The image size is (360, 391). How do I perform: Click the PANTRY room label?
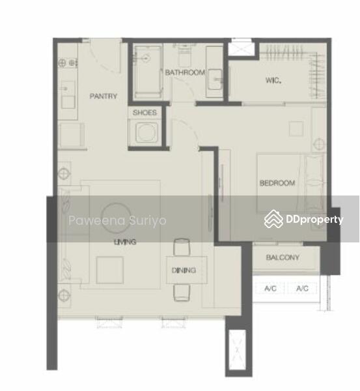[103, 96]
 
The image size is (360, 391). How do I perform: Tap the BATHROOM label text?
[185, 72]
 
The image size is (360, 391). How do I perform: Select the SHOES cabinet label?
[145, 113]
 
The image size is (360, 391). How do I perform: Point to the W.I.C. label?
[273, 80]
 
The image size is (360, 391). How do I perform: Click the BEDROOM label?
[277, 183]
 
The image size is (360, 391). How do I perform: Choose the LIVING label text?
[125, 242]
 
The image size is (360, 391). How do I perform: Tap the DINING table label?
[184, 270]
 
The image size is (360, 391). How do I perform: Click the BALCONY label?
[283, 257]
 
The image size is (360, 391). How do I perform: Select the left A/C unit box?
[270, 289]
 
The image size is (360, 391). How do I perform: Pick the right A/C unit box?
[302, 289]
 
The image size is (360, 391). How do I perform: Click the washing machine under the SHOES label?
[146, 132]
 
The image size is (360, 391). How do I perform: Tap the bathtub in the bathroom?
[148, 71]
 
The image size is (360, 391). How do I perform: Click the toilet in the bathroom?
[184, 55]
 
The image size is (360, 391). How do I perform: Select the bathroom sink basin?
[215, 79]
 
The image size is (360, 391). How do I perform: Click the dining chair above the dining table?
[182, 247]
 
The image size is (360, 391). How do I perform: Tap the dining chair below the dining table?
[182, 293]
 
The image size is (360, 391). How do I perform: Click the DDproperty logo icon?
[273, 219]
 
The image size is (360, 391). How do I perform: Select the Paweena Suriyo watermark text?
[117, 221]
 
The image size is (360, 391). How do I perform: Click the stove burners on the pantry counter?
[67, 63]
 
